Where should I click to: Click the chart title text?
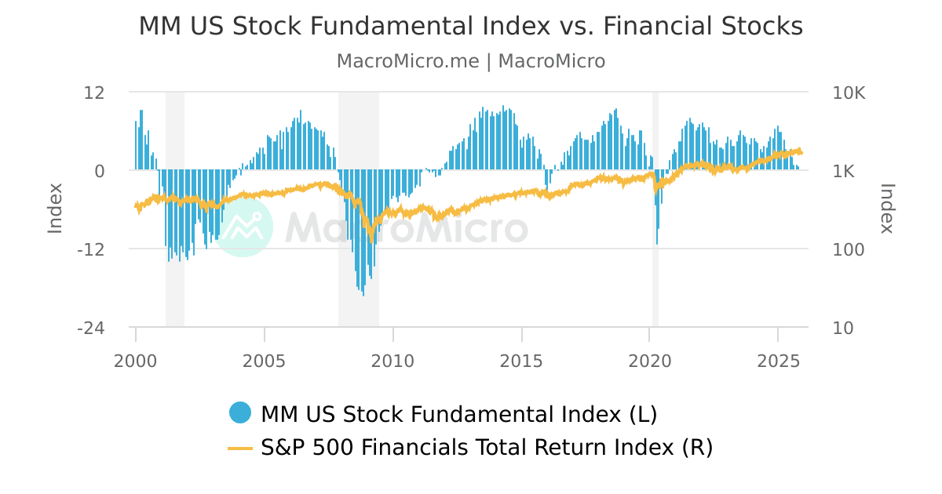tap(470, 26)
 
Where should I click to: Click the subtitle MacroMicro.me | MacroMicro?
tap(470, 61)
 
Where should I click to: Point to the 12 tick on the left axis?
tap(94, 93)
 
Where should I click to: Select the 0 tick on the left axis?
tap(100, 171)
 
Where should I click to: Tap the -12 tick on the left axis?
tap(91, 249)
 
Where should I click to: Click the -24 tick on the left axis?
tap(91, 328)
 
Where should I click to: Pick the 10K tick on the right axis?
tap(849, 93)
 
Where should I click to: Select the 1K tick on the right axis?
tap(844, 171)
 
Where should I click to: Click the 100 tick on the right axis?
tap(848, 249)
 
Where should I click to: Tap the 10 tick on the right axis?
tap(843, 328)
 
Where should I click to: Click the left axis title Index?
tap(55, 208)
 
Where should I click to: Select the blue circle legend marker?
tap(240, 412)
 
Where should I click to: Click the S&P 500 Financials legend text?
tap(487, 448)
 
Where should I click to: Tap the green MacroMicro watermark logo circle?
tap(243, 227)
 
